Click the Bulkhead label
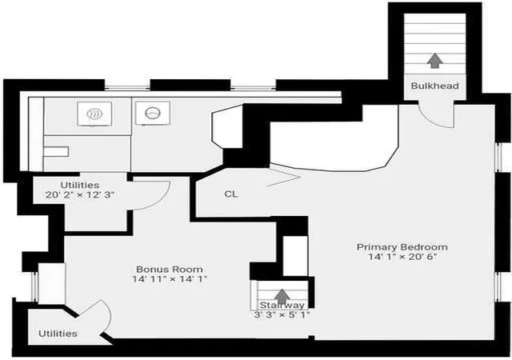click(434, 86)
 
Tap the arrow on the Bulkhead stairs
click(434, 61)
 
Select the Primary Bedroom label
click(402, 246)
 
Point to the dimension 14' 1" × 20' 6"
click(402, 257)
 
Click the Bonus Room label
click(170, 269)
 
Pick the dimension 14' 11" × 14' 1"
click(170, 279)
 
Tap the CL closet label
click(231, 194)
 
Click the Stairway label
click(282, 306)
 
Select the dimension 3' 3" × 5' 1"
click(282, 315)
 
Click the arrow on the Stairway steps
click(282, 296)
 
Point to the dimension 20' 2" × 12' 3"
click(80, 195)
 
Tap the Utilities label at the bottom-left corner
click(58, 334)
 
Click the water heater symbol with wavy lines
click(94, 114)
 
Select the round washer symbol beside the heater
click(153, 113)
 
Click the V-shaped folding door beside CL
click(282, 177)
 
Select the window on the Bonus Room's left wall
click(34, 286)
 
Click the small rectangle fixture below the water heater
click(56, 151)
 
